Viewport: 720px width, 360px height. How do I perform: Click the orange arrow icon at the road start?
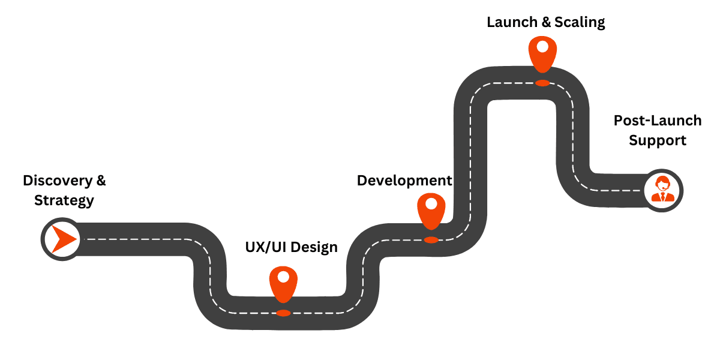(x=62, y=239)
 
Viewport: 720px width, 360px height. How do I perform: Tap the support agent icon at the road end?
(x=663, y=190)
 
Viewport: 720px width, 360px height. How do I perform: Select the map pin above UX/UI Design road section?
(x=283, y=284)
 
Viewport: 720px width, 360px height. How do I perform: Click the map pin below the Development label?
(x=431, y=211)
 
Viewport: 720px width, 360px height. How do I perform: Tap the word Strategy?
(x=64, y=200)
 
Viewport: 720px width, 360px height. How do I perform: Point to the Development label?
(x=404, y=181)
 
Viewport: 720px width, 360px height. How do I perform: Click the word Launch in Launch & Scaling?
(x=512, y=23)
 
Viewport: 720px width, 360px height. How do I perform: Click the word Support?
(x=657, y=140)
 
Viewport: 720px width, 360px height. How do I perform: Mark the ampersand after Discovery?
(x=101, y=180)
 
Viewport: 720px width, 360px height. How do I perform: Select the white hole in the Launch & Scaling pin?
(x=542, y=46)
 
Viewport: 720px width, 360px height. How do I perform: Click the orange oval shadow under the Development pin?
(x=431, y=240)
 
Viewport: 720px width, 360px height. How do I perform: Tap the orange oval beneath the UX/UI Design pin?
(x=283, y=313)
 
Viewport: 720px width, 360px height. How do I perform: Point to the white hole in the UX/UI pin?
(x=283, y=277)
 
